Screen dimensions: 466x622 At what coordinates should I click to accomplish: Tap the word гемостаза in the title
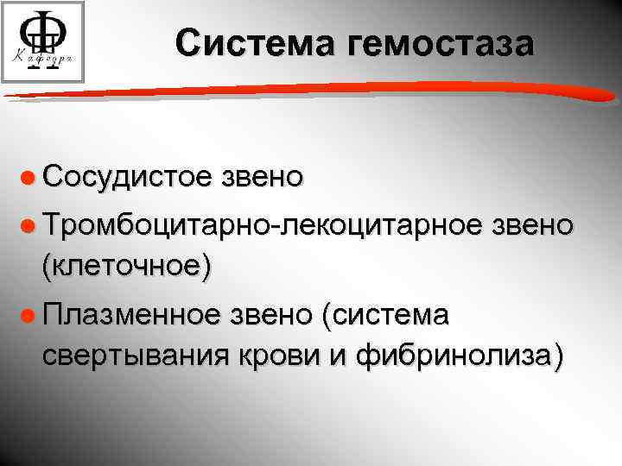(441, 43)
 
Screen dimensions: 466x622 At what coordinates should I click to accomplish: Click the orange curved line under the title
(311, 84)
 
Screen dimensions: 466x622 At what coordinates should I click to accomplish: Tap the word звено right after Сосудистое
(264, 176)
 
